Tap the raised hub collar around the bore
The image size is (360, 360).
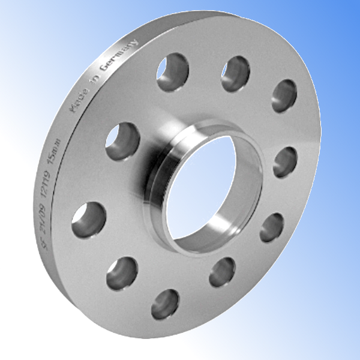(x=157, y=180)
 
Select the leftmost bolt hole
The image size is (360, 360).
(x=89, y=219)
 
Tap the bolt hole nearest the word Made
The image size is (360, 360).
(x=122, y=142)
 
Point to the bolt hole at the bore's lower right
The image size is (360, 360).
(x=271, y=227)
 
